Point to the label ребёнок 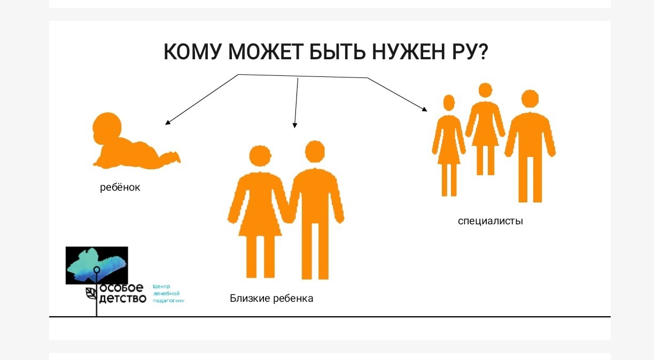point(120,187)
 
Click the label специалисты point(490,221)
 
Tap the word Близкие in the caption point(250,298)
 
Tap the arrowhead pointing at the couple point(294,126)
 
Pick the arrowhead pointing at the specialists point(425,109)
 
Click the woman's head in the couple point(260,156)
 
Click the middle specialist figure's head point(485,90)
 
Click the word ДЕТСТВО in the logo point(122,298)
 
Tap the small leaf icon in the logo point(90,293)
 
